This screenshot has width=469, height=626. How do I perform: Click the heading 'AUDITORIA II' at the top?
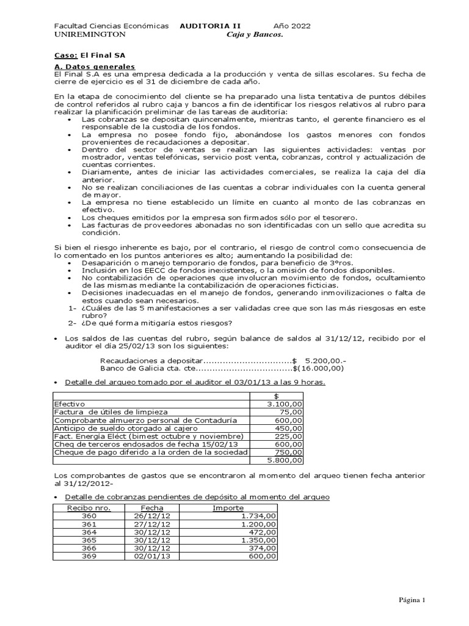210,26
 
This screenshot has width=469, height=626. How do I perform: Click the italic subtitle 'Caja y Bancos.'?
255,35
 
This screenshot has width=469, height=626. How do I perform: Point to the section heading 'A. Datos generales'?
95,66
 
